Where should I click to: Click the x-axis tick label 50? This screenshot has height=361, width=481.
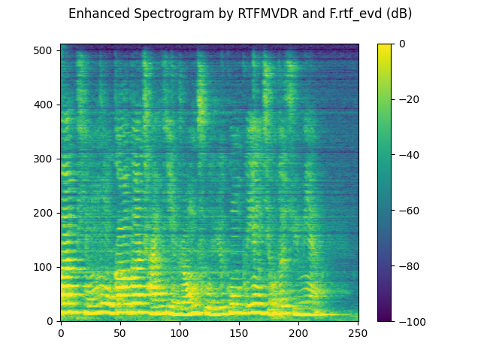coord(120,333)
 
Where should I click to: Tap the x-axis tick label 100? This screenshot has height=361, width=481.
coord(180,333)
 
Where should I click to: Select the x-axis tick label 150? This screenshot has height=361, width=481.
coord(239,333)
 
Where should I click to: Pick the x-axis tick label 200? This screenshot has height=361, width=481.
coord(298,333)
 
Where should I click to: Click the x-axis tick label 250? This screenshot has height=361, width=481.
coord(358,333)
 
